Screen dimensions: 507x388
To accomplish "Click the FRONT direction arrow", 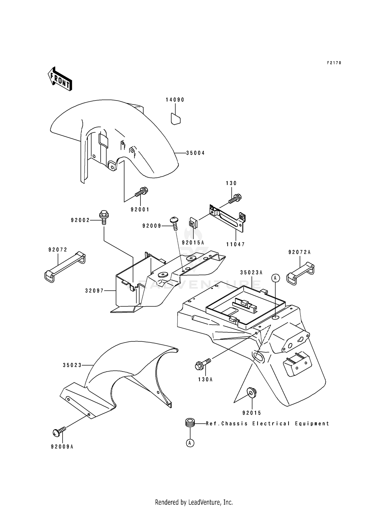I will [x=60, y=79].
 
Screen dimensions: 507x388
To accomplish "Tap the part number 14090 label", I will [x=175, y=100].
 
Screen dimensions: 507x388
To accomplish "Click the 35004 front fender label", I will [x=195, y=153].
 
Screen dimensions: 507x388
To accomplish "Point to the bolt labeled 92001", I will [x=141, y=193].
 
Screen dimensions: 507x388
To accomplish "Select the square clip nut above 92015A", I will [x=193, y=223].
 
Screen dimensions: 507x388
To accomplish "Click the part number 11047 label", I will [x=235, y=244].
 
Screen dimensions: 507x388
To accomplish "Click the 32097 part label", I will [x=94, y=291].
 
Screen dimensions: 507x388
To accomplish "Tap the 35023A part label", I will [x=251, y=272].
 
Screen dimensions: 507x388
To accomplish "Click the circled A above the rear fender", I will [x=275, y=278].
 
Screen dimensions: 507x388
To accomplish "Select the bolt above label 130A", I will [x=203, y=363].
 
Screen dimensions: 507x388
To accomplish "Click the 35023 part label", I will [x=72, y=365].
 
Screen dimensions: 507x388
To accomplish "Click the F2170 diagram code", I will [x=334, y=63].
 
